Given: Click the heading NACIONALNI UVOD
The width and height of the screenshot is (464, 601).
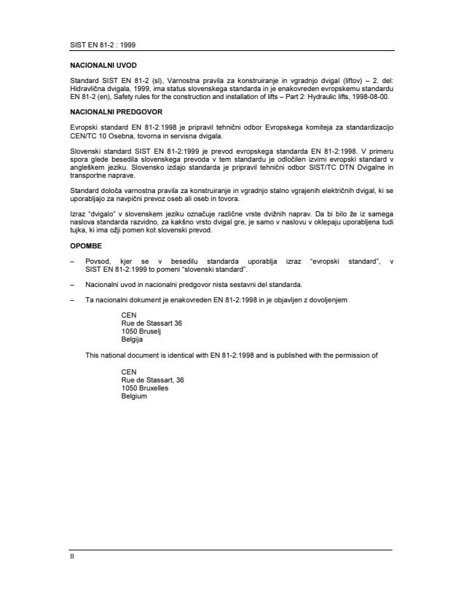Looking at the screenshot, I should (x=98, y=65).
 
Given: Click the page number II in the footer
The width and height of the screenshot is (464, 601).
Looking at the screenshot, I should (x=71, y=556).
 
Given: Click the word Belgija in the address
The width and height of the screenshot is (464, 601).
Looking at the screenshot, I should (x=132, y=339).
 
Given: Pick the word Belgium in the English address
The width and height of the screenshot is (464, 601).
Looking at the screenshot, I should (x=134, y=396).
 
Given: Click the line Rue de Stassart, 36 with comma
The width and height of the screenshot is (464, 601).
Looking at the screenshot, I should (x=152, y=380).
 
